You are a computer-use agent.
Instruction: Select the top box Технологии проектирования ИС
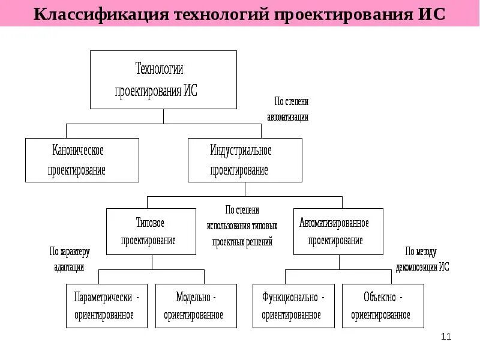tap(163, 80)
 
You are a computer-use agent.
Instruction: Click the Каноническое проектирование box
tap(82, 160)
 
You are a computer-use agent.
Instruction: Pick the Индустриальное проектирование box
tap(245, 160)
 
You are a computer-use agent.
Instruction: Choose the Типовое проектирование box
tap(151, 232)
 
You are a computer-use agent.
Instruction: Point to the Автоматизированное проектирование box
tap(338, 232)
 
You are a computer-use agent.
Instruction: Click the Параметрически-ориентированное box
tap(107, 306)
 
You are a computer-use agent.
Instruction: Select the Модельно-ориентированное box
tap(196, 306)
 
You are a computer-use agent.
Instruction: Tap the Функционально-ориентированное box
tap(293, 306)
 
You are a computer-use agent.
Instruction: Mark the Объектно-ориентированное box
tap(383, 306)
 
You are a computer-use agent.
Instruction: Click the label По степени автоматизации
tap(287, 109)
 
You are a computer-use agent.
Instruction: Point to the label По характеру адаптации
tap(70, 259)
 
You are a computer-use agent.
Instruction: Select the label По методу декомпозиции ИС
tap(422, 259)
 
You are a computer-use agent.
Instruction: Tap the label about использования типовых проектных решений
tap(242, 226)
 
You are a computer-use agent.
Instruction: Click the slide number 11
tap(446, 337)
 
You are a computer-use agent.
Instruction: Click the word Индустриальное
tap(241, 150)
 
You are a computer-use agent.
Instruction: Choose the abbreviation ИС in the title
tap(430, 14)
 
